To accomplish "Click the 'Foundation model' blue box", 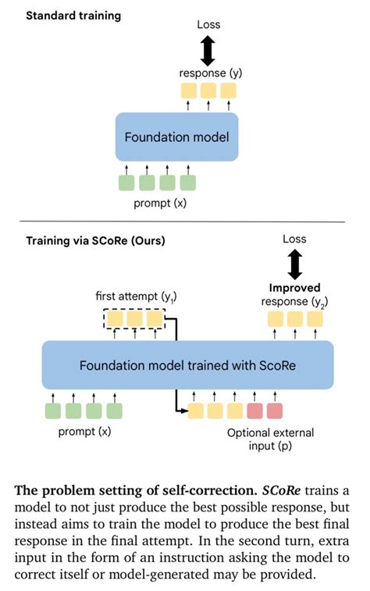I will tap(176, 137).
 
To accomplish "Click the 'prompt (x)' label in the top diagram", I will tap(156, 205).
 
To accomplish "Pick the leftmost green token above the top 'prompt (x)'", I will tap(126, 183).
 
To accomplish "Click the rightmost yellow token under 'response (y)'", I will tap(227, 90).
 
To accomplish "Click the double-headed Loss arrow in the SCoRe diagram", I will tap(294, 264).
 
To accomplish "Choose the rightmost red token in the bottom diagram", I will tap(274, 410).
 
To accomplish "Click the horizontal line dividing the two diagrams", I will tap(184, 222).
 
